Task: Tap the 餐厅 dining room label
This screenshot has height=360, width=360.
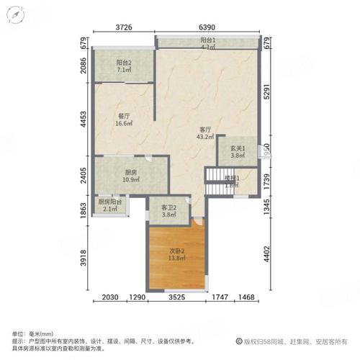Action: (x=124, y=116)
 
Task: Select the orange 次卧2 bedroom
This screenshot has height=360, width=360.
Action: (x=176, y=256)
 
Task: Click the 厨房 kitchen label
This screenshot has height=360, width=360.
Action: (x=130, y=172)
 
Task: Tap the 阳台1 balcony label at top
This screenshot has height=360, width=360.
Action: (x=207, y=42)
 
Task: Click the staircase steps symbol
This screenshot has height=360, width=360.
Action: (x=216, y=177)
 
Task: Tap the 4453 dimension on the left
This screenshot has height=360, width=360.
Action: (x=84, y=118)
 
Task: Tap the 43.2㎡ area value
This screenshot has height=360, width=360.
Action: (x=206, y=137)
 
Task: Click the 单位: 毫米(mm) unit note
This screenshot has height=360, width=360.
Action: (x=33, y=334)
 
